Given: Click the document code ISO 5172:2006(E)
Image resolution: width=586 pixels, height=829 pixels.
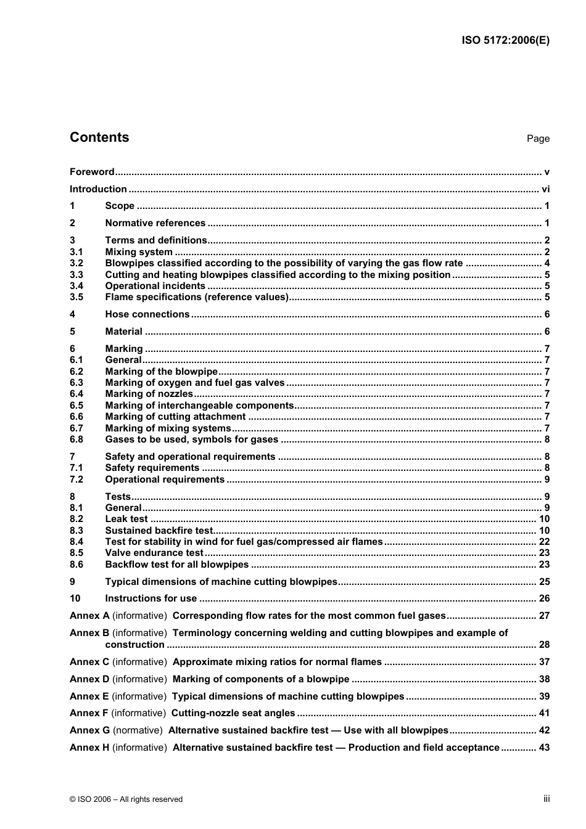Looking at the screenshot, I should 505,41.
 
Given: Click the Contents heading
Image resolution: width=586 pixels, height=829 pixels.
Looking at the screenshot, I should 99,137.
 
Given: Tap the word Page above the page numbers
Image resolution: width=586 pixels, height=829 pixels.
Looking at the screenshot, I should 538,139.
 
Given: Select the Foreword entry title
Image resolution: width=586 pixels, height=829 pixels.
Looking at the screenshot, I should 92,172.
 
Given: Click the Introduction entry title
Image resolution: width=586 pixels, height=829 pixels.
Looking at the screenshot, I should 98,189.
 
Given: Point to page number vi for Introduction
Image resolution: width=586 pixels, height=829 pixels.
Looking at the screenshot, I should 545,189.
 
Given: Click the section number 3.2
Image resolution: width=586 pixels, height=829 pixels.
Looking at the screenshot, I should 76,263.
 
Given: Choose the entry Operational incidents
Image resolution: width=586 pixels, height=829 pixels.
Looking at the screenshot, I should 155,286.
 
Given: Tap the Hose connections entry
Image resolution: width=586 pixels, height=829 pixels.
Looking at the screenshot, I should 147,314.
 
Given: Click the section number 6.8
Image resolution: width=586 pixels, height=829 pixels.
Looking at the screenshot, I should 76,439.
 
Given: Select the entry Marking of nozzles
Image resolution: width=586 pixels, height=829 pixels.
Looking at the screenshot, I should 149,394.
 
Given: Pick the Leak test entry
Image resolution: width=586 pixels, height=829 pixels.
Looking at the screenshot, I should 126,519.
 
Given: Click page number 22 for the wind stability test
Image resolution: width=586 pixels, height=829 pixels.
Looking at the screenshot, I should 544,542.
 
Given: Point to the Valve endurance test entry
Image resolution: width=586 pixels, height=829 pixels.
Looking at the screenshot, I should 154,553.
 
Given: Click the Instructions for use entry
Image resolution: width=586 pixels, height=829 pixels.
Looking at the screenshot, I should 151,598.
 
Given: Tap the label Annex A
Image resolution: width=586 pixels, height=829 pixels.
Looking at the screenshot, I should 89,616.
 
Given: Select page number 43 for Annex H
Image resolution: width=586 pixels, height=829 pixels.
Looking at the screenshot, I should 544,748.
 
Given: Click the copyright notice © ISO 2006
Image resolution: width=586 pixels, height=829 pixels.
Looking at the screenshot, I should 126,799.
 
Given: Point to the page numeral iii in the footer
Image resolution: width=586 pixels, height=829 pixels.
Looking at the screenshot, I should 547,799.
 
